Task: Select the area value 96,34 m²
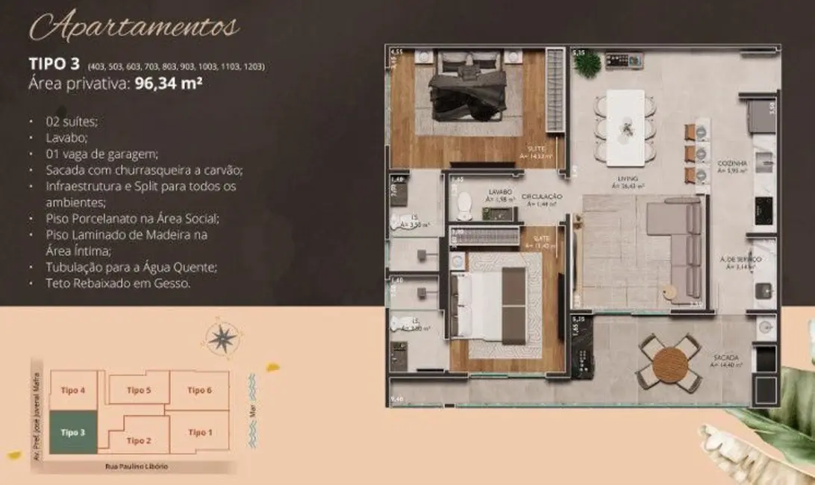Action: [x=169, y=84]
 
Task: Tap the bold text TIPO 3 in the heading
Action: [x=54, y=65]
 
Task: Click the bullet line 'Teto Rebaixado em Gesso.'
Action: [x=108, y=284]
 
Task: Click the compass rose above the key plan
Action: [x=222, y=338]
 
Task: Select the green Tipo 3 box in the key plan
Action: [x=73, y=432]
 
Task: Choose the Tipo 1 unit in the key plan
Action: [x=199, y=432]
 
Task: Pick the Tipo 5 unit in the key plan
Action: [x=139, y=389]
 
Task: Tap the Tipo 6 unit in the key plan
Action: [x=199, y=390]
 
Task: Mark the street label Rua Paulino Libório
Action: [x=137, y=466]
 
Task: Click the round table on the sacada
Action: [x=669, y=365]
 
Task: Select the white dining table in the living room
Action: [x=625, y=128]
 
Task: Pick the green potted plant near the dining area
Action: [x=587, y=63]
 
